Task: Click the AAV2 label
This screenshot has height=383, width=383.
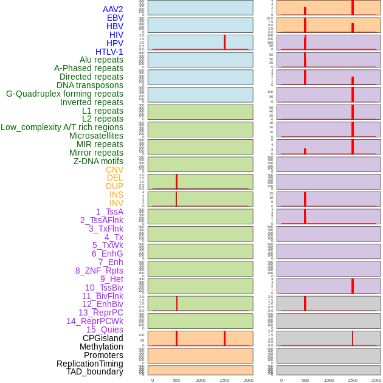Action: (112, 9)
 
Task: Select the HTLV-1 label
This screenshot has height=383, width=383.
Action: (109, 52)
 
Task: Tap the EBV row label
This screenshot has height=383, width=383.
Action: (115, 18)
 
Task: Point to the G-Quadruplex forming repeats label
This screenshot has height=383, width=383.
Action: (64, 94)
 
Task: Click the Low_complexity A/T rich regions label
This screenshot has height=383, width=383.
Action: (62, 127)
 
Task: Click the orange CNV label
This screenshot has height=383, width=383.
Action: (114, 170)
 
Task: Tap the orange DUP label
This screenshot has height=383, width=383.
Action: (114, 186)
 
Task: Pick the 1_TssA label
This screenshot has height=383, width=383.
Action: (109, 212)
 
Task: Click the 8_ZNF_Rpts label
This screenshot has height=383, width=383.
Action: (99, 271)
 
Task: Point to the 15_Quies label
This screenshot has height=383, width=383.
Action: (105, 330)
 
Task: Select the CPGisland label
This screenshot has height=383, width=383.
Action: (103, 338)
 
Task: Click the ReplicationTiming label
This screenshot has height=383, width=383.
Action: (90, 364)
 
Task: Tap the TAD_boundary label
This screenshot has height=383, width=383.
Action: (95, 371)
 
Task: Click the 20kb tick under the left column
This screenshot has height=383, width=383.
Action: (248, 380)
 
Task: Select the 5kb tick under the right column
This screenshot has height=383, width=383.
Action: (305, 380)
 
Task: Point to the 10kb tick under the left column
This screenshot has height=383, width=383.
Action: (200, 380)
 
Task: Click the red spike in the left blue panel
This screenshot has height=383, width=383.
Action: (224, 42)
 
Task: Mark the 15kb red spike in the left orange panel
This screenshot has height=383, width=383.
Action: (224, 339)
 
